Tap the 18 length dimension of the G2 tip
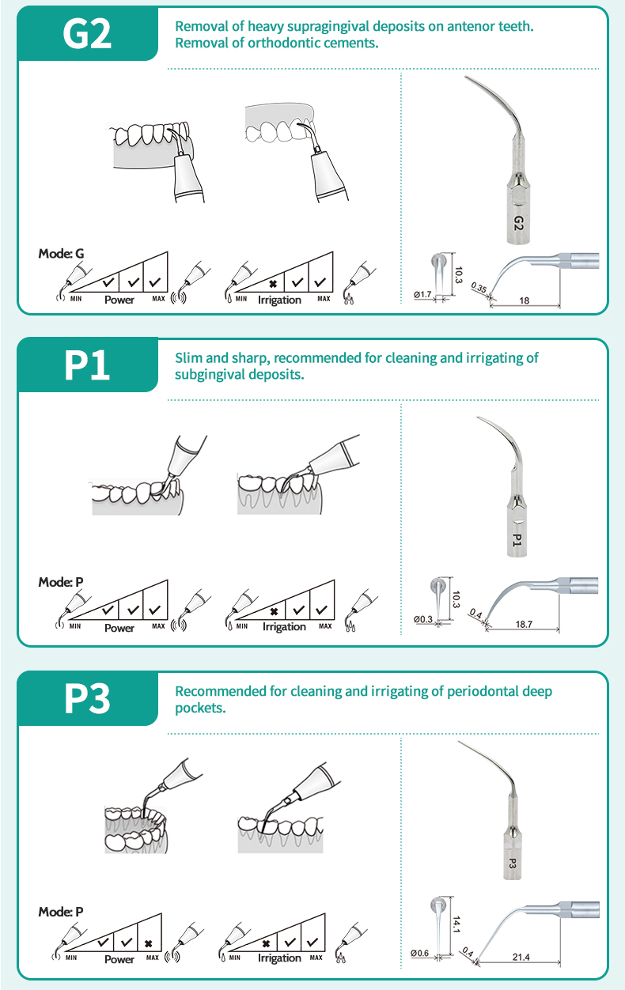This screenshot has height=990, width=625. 525,300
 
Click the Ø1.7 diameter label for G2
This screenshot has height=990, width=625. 422,295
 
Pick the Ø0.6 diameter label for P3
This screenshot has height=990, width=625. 420,953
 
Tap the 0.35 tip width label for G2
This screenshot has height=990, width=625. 478,289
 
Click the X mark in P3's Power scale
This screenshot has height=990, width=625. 149,943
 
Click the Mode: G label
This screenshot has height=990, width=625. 61,254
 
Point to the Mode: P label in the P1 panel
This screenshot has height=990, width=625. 61,582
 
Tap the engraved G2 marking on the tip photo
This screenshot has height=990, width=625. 518,223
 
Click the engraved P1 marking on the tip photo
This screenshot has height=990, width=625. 516,541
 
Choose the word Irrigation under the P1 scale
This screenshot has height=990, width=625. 284,627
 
